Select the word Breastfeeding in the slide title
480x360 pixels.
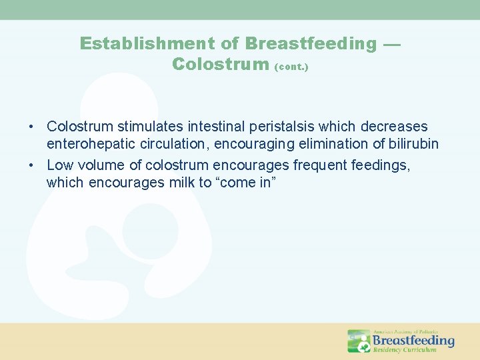point(311,44)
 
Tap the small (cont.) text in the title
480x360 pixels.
point(291,67)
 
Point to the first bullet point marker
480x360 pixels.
point(32,127)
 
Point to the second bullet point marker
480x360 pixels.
point(32,165)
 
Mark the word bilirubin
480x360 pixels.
point(413,144)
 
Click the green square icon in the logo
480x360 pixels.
point(359,341)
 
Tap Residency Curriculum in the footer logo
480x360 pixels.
point(405,349)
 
